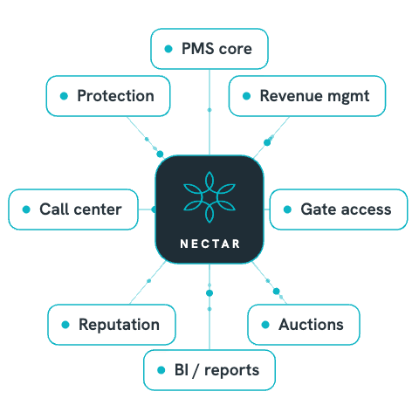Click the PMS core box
(x=209, y=49)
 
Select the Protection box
(x=108, y=96)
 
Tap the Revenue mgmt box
(x=307, y=96)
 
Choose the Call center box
(x=73, y=209)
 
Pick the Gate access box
(x=339, y=209)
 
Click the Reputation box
(x=112, y=325)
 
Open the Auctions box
(x=304, y=325)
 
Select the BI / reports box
(x=209, y=370)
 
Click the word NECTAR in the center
(x=209, y=244)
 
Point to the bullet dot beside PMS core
(x=168, y=49)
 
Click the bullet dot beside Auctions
(x=265, y=325)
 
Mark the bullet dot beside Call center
(x=26, y=209)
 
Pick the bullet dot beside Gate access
(x=287, y=209)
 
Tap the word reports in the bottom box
(x=231, y=371)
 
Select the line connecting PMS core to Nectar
(x=209, y=112)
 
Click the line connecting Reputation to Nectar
(x=148, y=282)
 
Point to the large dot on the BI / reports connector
(x=209, y=293)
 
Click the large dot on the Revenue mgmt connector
(x=267, y=142)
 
